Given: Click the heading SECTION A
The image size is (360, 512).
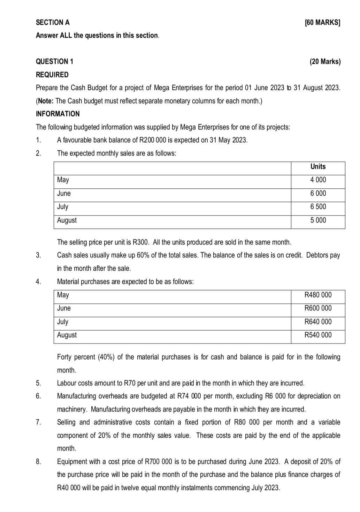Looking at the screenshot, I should click(53, 22).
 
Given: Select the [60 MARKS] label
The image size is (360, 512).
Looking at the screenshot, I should click(322, 23).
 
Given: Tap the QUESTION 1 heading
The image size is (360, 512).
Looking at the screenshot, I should click(54, 62).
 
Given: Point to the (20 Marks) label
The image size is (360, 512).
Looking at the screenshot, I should click(325, 62).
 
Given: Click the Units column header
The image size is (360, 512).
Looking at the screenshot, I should click(318, 167).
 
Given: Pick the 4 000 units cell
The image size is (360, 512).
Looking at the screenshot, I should click(318, 180).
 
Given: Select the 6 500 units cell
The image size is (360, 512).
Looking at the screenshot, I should click(318, 207).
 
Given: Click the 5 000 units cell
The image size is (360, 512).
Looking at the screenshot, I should click(318, 220).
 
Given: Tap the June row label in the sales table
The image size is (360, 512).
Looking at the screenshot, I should click(64, 194).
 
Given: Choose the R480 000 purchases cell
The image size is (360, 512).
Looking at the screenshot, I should click(318, 295).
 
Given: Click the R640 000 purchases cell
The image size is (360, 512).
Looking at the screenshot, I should click(318, 322).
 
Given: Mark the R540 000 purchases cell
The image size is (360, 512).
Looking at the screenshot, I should click(318, 335).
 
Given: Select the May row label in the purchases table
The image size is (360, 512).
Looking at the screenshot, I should click(63, 295).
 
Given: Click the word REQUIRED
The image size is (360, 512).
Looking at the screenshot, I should click(52, 75).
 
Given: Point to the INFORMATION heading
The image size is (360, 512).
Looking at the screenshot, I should click(58, 114).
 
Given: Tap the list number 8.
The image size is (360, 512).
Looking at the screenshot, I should click(38, 462).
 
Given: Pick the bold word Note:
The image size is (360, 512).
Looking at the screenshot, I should click(46, 101).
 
